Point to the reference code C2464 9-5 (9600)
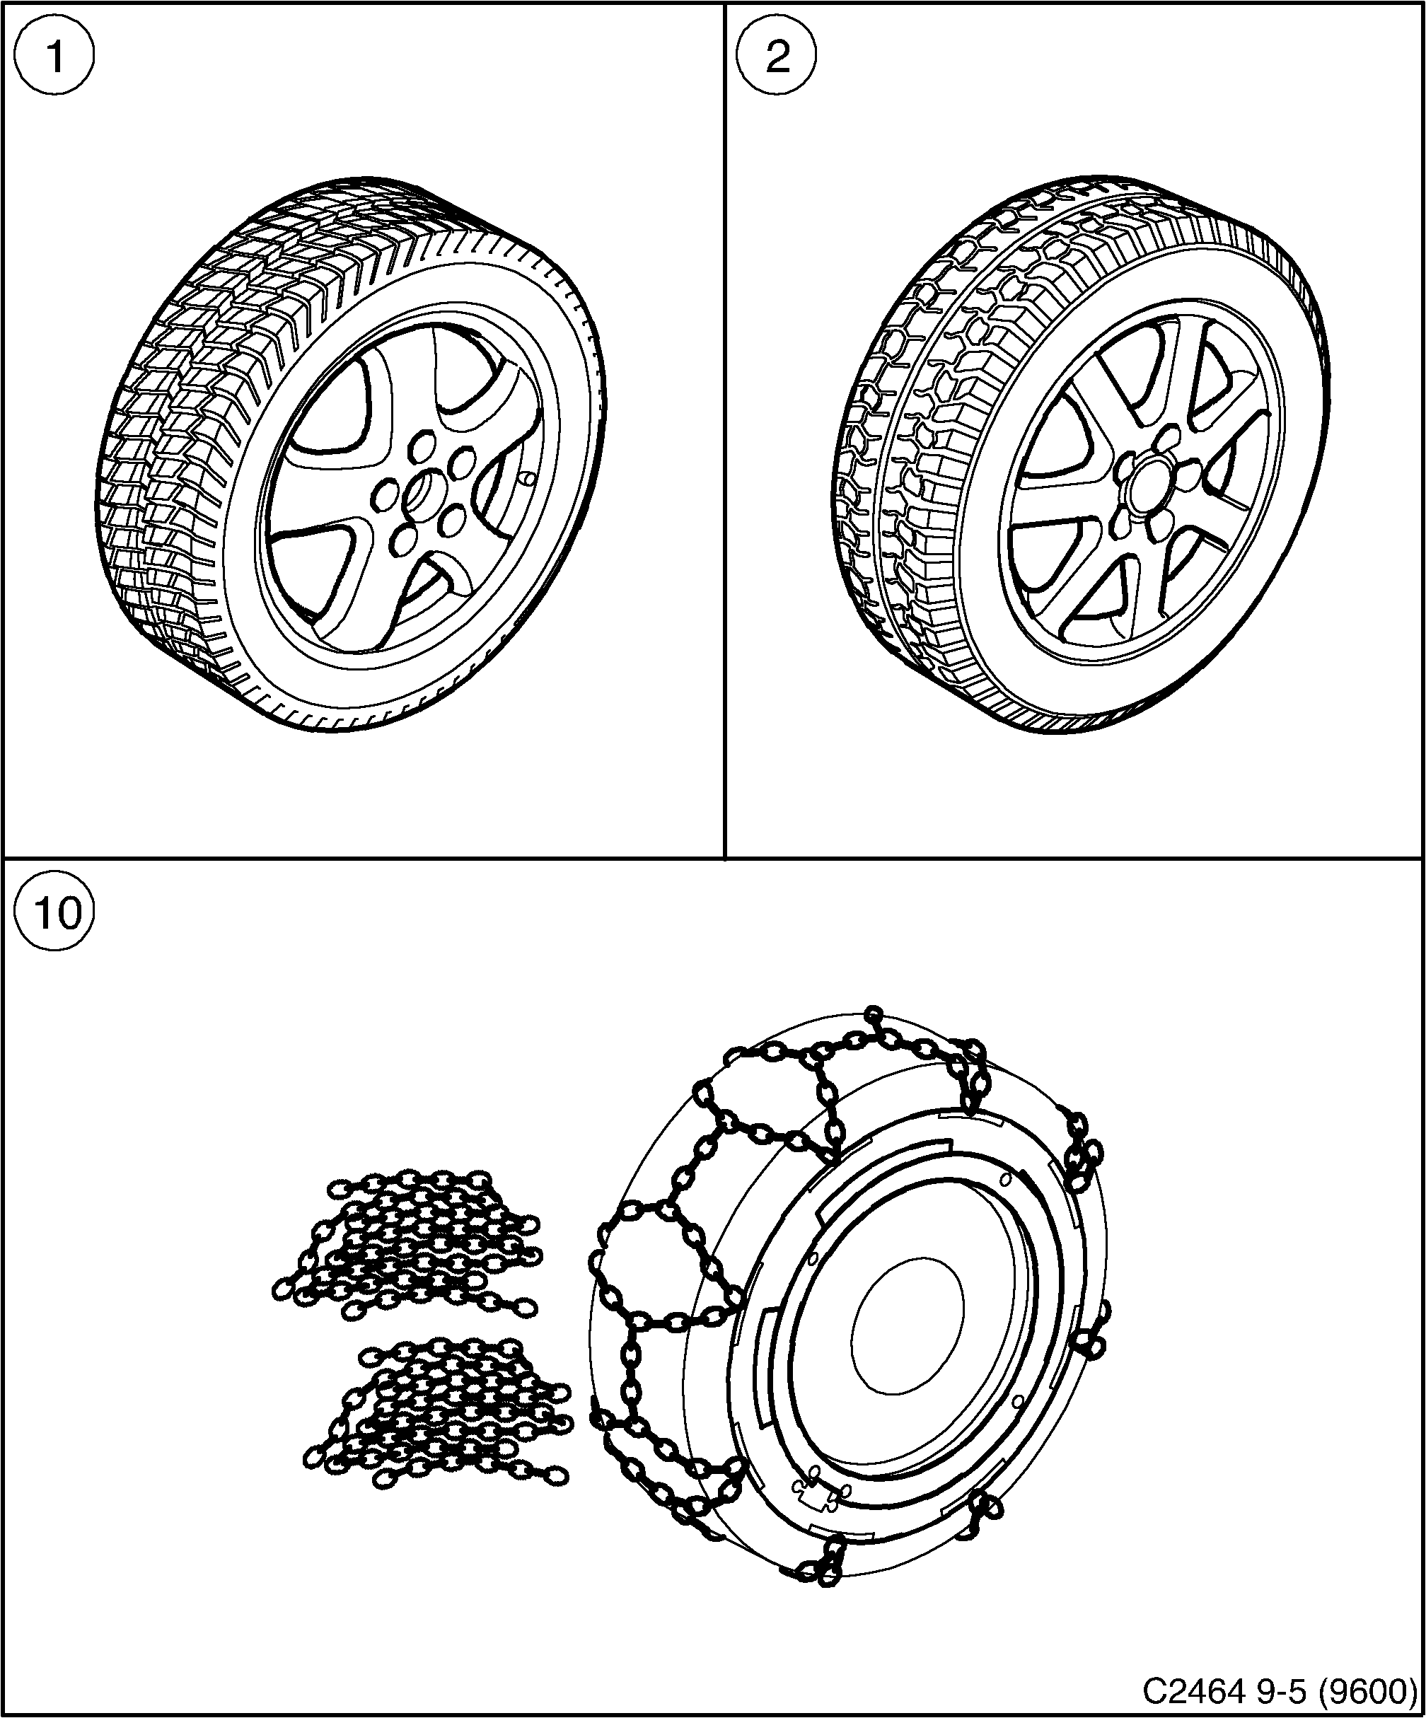(x=1280, y=1690)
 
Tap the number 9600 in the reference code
(x=1382, y=1690)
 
